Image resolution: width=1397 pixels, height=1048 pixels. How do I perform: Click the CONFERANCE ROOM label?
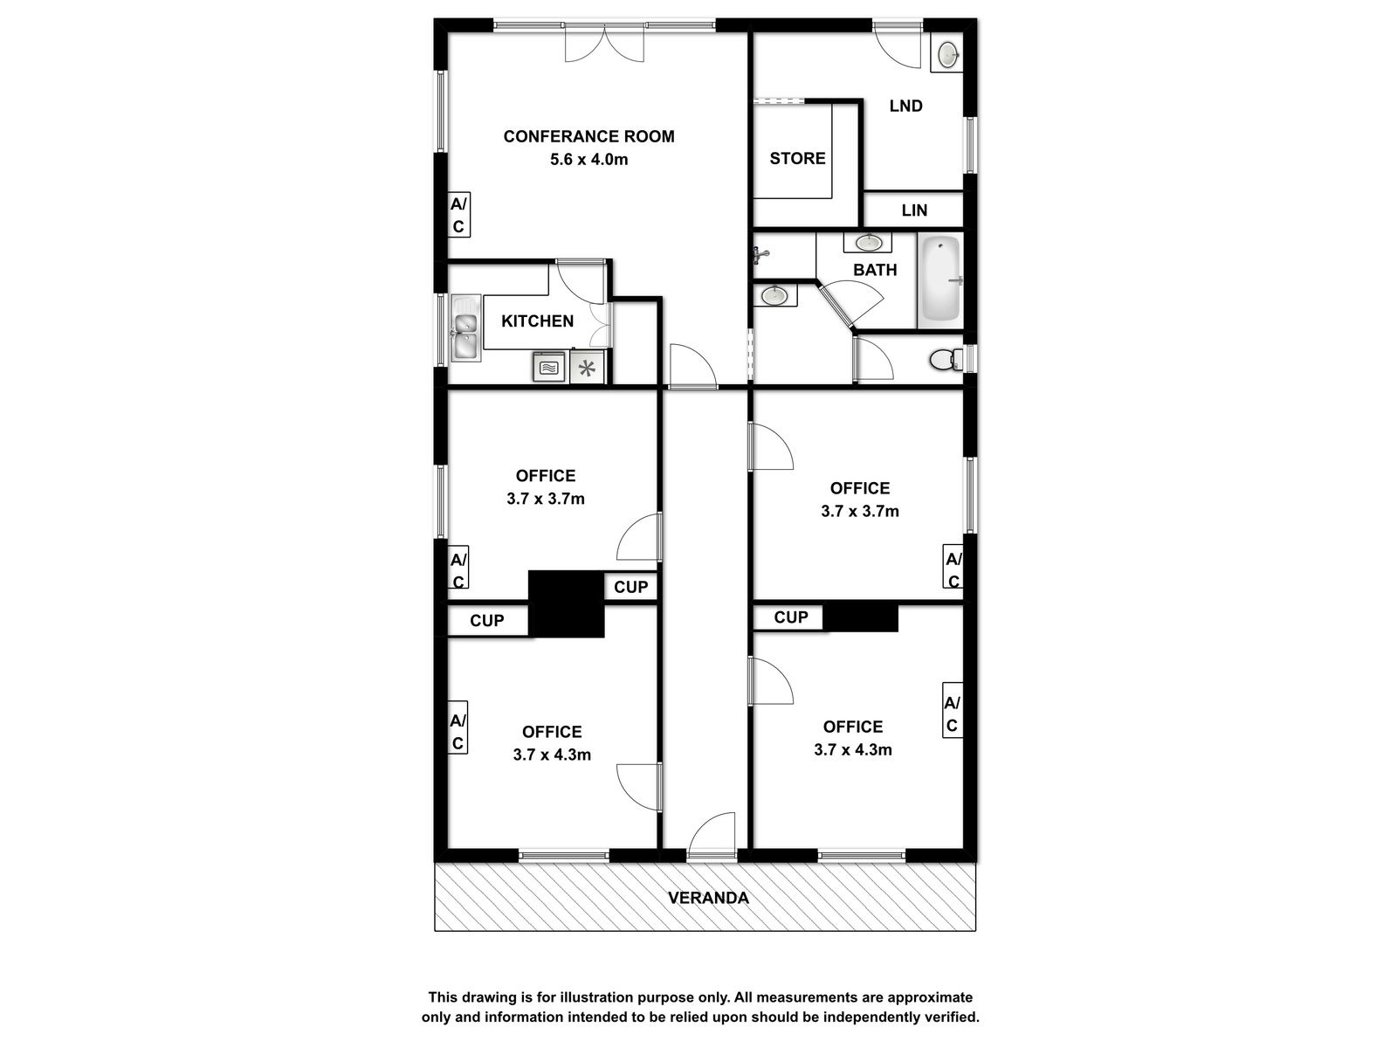pos(588,136)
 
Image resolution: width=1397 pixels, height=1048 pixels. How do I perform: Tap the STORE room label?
pos(797,158)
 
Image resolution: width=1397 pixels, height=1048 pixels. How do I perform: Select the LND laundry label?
pos(905,106)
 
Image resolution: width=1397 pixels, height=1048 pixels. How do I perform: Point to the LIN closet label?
pos(914,210)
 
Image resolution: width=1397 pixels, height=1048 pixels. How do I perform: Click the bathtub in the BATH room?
pos(940,280)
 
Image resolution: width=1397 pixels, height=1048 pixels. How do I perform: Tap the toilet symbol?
pos(946,360)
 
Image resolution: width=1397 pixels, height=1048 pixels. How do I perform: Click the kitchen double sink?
pos(466,328)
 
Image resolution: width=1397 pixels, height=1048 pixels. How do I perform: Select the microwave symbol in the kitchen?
pos(548,367)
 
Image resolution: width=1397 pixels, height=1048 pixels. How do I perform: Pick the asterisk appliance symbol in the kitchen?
pos(587,368)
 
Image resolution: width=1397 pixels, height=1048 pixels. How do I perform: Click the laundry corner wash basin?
pos(946,54)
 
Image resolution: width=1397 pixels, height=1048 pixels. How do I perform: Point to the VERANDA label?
pos(708,898)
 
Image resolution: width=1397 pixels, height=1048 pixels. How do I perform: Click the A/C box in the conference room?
pos(458,215)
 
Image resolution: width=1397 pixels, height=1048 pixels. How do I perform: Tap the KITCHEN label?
pos(537,321)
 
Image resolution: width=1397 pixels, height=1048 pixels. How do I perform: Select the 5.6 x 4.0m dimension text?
pos(588,159)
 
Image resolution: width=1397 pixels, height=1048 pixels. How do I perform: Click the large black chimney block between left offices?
pos(566,603)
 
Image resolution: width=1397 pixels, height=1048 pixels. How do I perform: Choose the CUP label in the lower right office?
pos(790,617)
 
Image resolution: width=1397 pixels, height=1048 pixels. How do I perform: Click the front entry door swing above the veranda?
pos(712,836)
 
